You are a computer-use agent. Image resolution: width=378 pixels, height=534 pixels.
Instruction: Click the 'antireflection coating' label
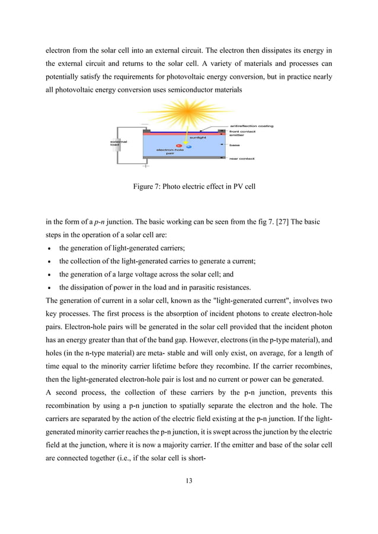[251, 126]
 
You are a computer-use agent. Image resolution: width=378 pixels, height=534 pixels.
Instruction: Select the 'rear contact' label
[242, 158]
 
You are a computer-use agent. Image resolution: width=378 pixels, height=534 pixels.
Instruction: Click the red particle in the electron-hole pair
[178, 145]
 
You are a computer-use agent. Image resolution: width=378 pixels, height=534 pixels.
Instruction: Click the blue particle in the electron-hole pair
[188, 146]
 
